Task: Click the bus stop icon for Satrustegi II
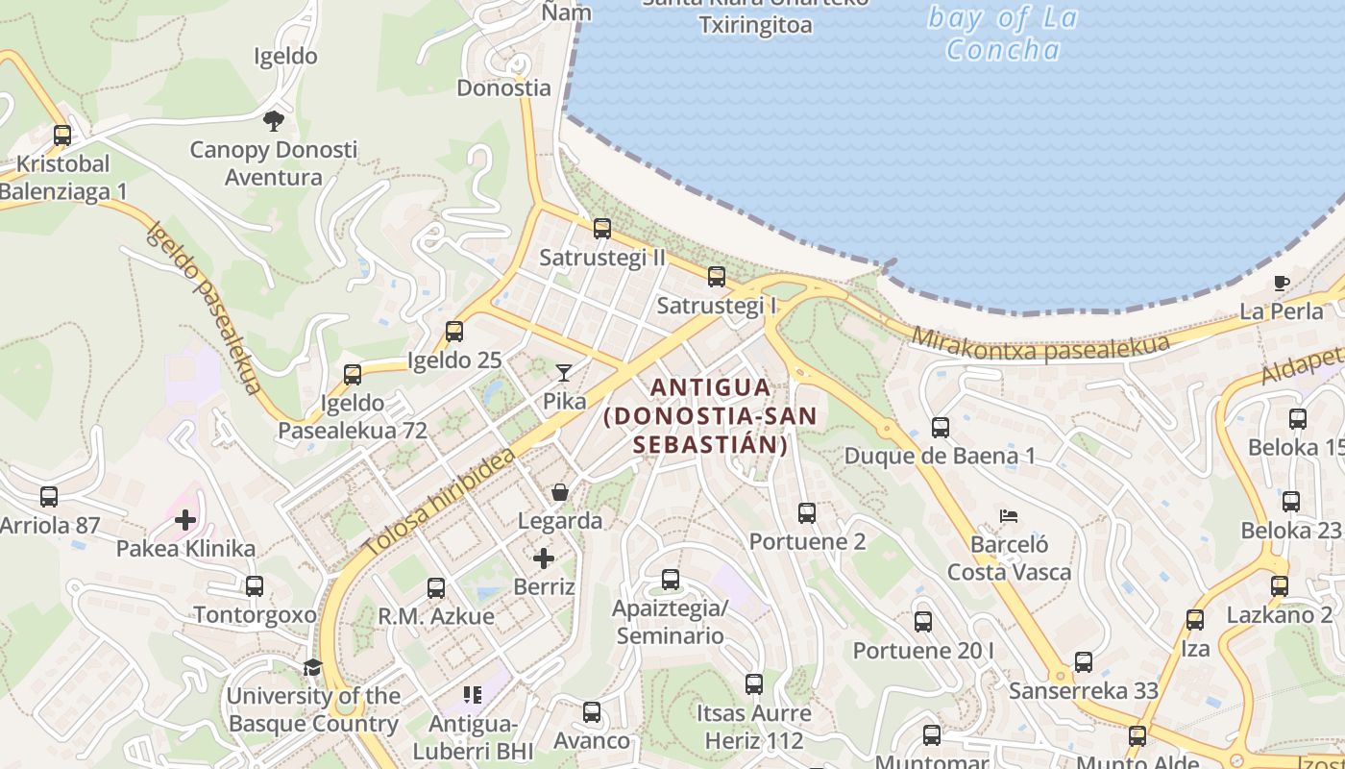click(x=602, y=229)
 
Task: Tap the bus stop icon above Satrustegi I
click(x=717, y=277)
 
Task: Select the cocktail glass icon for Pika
click(x=564, y=372)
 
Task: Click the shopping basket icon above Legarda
click(x=560, y=492)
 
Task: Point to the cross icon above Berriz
click(x=544, y=558)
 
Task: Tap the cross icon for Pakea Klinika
click(x=185, y=520)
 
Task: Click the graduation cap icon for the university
click(x=312, y=667)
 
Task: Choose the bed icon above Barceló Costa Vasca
click(x=1008, y=516)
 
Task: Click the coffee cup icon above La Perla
click(x=1281, y=283)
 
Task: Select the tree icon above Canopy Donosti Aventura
click(x=274, y=120)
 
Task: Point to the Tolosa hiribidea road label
click(x=439, y=503)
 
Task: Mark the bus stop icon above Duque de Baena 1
click(x=941, y=427)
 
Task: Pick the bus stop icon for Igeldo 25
click(x=454, y=332)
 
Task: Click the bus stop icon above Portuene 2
click(x=807, y=513)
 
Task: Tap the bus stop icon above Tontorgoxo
click(x=255, y=586)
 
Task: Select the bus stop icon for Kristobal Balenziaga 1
click(x=62, y=136)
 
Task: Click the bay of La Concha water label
click(x=1003, y=34)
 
